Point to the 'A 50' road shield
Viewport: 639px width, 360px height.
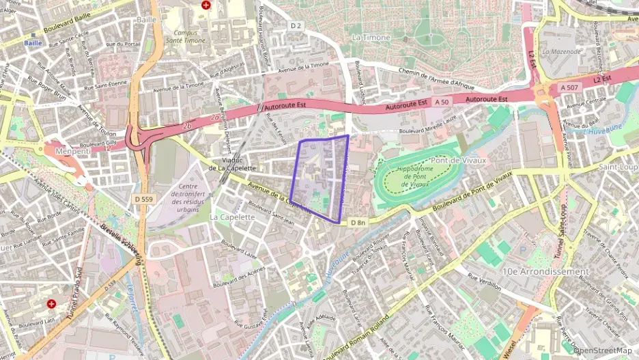pos(441,101)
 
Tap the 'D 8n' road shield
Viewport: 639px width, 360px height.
pos(358,223)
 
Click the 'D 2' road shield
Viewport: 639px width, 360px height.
pos(295,25)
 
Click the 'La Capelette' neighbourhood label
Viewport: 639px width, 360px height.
pos(232,217)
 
